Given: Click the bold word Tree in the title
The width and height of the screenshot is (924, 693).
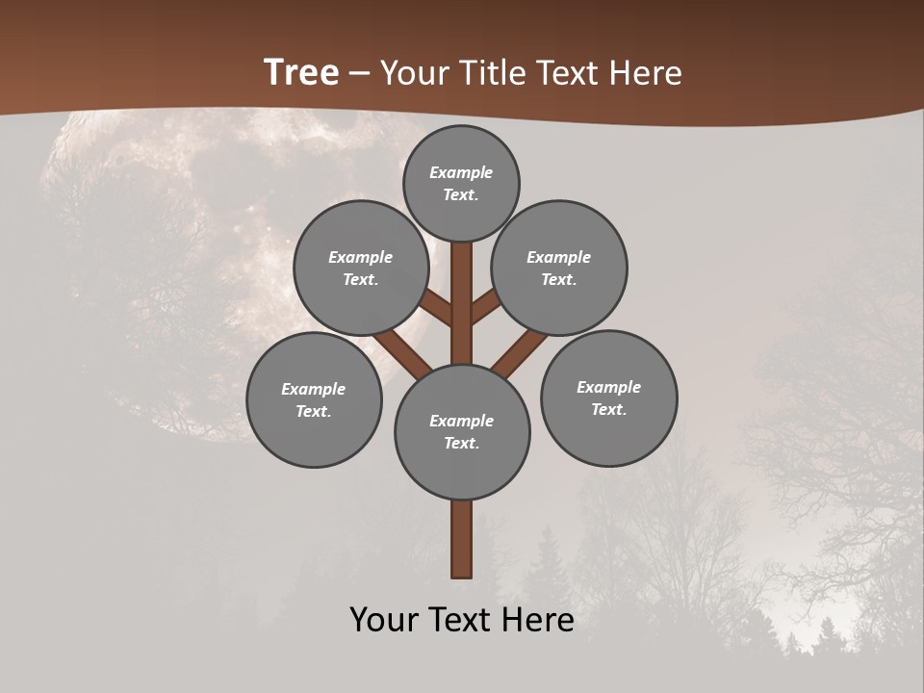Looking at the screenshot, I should [x=301, y=72].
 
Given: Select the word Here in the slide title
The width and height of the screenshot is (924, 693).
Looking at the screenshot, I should [x=645, y=72].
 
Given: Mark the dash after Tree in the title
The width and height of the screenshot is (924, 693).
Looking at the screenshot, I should [x=360, y=73].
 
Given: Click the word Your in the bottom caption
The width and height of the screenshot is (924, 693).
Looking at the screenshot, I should [x=384, y=619].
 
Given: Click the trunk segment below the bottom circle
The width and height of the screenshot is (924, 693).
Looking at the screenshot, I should [x=462, y=539].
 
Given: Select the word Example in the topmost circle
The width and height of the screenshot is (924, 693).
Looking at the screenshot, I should [x=461, y=172].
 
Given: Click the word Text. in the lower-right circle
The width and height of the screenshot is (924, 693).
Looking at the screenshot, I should [x=608, y=409].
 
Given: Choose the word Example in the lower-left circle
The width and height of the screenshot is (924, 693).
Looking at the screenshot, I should [x=313, y=389].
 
